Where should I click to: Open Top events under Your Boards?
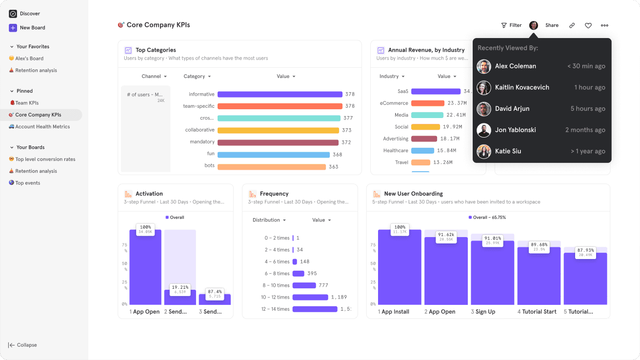(x=27, y=183)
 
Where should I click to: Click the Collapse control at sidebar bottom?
(x=23, y=345)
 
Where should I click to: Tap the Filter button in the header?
(x=511, y=25)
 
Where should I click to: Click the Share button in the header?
(x=552, y=25)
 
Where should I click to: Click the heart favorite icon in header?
(x=588, y=25)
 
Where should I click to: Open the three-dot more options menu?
(x=604, y=25)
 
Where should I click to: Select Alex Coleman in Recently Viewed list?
(x=515, y=66)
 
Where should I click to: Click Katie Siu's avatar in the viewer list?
(x=484, y=151)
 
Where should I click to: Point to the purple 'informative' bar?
(x=280, y=95)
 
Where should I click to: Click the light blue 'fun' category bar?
(x=273, y=155)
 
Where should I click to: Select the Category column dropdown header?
(x=197, y=77)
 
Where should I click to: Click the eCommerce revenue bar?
(x=428, y=103)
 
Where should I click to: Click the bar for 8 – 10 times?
(x=304, y=285)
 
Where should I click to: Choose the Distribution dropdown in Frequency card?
(x=269, y=220)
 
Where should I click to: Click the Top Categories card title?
(x=156, y=50)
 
